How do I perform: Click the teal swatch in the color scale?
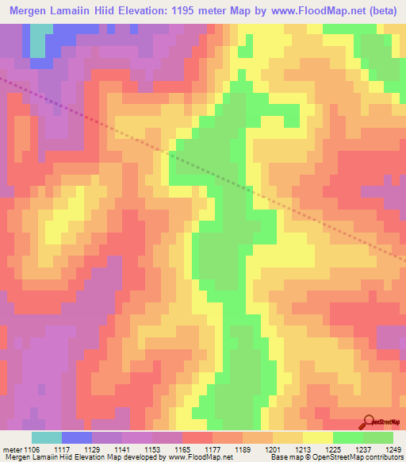(x=47, y=437)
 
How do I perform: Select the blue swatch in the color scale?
(x=77, y=437)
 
